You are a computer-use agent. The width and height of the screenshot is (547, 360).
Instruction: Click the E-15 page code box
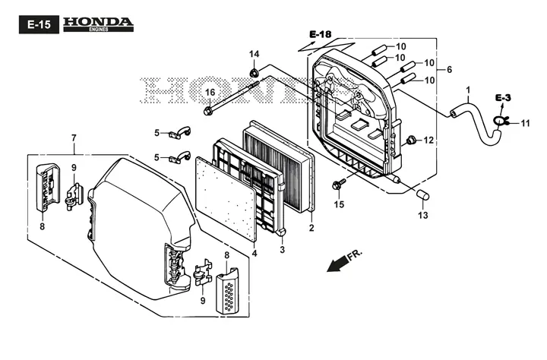(x=39, y=24)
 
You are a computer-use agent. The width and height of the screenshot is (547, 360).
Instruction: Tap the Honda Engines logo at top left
(x=98, y=24)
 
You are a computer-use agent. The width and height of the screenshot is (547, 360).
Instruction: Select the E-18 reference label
(x=321, y=34)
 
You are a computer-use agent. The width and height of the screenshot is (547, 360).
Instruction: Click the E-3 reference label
(x=503, y=98)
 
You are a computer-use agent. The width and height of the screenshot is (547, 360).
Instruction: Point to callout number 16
(x=210, y=93)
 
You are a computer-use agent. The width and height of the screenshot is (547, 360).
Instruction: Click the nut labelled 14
(x=254, y=73)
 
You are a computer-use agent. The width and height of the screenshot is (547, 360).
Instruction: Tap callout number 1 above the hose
(x=468, y=90)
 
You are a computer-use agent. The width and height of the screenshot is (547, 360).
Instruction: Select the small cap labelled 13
(x=423, y=194)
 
